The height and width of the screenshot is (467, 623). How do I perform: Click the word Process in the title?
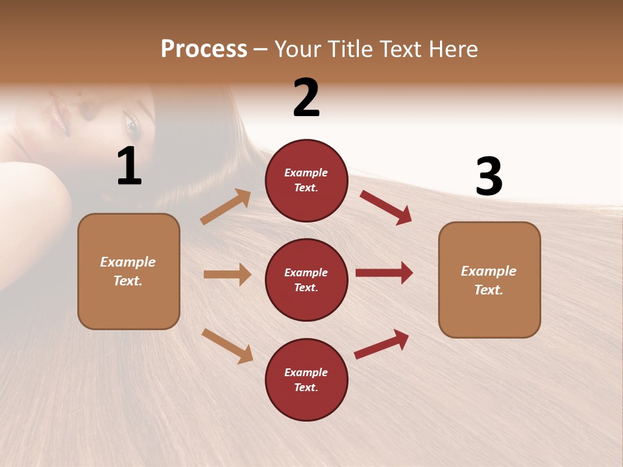point(204,49)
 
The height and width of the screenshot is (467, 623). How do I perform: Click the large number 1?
point(129,167)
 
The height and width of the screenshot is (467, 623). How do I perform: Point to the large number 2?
point(306,98)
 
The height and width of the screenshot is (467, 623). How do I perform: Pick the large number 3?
point(489,176)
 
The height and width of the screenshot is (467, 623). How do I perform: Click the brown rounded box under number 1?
point(128,271)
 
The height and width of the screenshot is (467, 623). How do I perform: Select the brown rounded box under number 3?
point(489,280)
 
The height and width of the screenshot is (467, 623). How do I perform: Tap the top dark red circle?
point(306,180)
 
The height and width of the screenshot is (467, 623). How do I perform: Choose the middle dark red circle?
point(306,280)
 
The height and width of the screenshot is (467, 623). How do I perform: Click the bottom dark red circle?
point(306,380)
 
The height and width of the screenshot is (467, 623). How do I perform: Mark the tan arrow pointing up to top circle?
point(226,207)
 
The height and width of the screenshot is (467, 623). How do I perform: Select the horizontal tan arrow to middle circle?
point(227,274)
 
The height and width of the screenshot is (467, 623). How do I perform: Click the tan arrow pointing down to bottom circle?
point(227,345)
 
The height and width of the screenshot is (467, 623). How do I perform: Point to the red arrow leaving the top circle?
point(385,207)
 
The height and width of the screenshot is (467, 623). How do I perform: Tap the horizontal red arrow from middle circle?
point(384,272)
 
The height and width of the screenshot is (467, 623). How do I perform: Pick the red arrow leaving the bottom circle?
point(382,344)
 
